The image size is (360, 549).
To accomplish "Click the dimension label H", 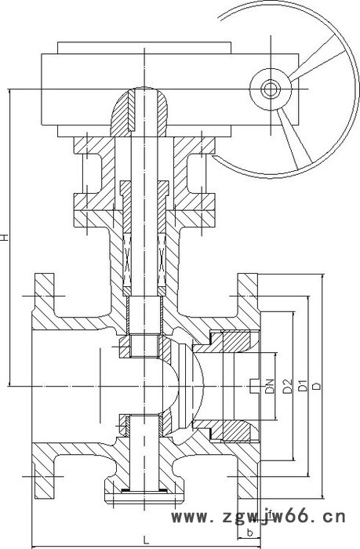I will point(7,236).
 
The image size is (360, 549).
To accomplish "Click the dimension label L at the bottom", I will point(147,538).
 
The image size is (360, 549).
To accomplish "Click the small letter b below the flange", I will point(249,533).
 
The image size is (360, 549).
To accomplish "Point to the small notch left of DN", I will point(252,385).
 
